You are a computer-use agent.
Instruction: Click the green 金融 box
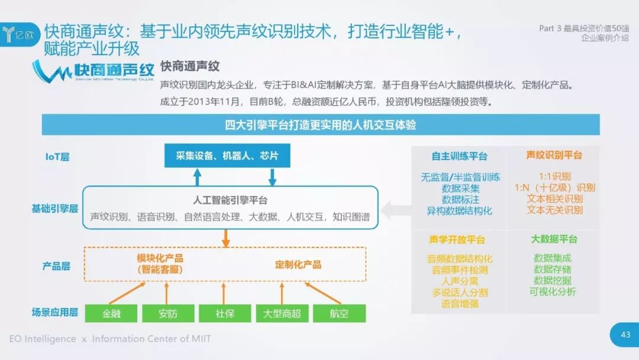click(111, 313)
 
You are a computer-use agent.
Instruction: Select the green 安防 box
click(168, 313)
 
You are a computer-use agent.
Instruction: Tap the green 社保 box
click(225, 313)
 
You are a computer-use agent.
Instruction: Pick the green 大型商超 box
click(282, 313)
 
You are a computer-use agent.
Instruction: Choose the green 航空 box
click(339, 313)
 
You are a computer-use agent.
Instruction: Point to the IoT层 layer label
click(58, 157)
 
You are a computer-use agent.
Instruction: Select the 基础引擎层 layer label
click(55, 208)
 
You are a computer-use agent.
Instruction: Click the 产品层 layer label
click(56, 266)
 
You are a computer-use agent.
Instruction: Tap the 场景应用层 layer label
click(55, 312)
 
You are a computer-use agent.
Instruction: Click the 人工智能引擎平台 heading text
click(230, 200)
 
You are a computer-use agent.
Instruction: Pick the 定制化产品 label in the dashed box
click(298, 264)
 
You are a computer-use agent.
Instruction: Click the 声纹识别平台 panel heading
click(554, 155)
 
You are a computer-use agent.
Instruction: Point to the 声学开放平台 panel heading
click(457, 240)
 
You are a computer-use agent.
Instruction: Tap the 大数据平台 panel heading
click(554, 239)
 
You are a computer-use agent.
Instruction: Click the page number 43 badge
click(625, 335)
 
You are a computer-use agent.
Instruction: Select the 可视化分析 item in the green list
click(553, 291)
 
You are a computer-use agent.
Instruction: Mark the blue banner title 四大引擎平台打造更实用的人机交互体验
click(320, 125)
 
